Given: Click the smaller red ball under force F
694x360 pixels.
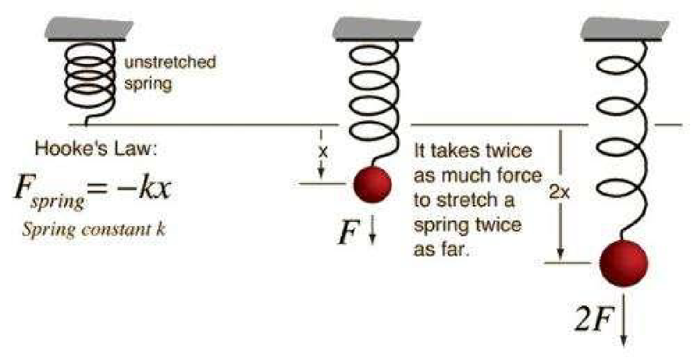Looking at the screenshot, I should pyautogui.click(x=372, y=183).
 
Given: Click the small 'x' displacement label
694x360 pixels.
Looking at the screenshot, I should pyautogui.click(x=322, y=153).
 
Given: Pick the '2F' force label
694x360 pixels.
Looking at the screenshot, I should pyautogui.click(x=592, y=322).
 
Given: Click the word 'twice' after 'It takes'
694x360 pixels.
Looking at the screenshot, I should pyautogui.click(x=506, y=151).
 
